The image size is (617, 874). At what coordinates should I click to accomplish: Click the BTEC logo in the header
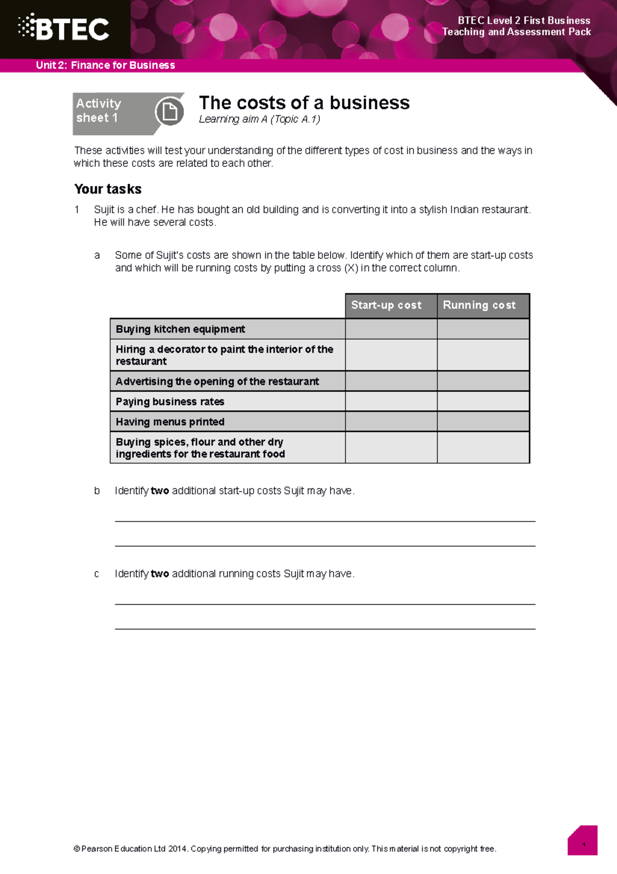point(64,29)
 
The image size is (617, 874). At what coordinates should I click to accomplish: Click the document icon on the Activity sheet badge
point(169,111)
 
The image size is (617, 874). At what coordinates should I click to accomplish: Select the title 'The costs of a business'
point(304,103)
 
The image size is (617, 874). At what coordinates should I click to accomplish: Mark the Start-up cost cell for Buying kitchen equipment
point(391,329)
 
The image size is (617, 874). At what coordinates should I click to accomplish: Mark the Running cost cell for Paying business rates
point(483,401)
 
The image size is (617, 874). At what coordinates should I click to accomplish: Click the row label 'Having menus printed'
point(170,422)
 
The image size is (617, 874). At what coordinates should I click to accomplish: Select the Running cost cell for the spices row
point(483,447)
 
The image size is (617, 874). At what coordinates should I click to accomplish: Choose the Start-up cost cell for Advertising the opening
point(391,381)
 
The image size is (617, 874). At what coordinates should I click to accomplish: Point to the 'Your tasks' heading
point(108,189)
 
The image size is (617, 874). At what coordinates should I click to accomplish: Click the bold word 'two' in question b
point(160,491)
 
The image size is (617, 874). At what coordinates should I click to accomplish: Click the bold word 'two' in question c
point(160,574)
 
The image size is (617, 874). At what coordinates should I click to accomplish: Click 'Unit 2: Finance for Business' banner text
point(105,65)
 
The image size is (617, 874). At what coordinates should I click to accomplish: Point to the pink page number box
point(583,845)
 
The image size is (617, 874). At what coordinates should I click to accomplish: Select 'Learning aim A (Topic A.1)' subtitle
point(260,119)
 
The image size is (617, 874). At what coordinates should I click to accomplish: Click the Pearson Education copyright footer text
point(285,849)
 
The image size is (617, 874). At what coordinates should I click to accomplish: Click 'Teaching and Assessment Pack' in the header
point(516,32)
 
